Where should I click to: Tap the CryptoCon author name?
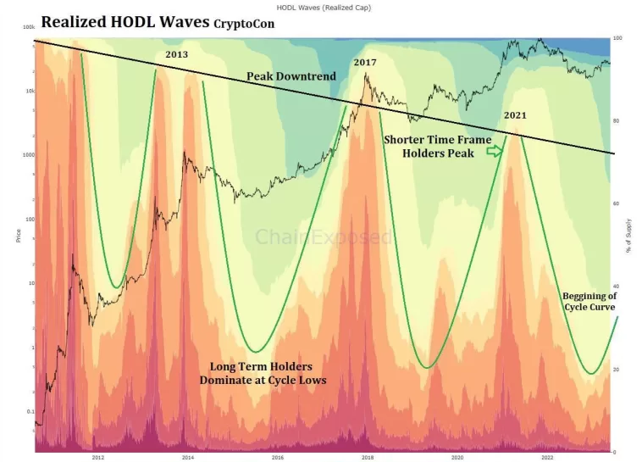point(244,25)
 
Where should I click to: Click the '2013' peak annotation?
point(176,54)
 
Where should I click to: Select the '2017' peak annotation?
point(365,63)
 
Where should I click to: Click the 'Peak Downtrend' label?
point(291,76)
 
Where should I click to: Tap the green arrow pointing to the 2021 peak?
point(494,151)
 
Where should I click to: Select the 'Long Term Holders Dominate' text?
point(263,373)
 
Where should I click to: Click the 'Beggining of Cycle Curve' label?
point(589,301)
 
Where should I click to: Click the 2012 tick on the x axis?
point(97,457)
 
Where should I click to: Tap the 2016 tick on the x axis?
point(277,457)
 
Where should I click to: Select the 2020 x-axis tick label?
point(457,457)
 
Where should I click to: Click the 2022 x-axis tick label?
point(547,457)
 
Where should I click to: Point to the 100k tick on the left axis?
point(28,28)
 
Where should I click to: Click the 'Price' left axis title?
point(18,235)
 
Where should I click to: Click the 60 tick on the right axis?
point(617,204)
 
